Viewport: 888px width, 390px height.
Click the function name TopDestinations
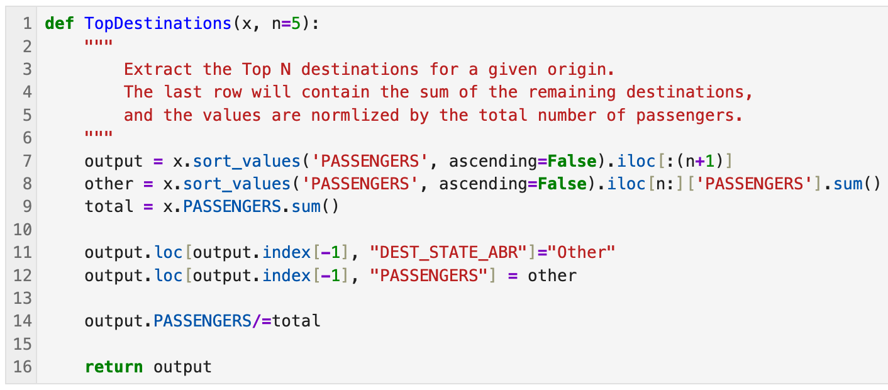(x=158, y=23)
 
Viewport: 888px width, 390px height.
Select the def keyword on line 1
(x=59, y=23)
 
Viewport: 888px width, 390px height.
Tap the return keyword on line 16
(x=114, y=367)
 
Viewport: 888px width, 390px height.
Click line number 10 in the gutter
(x=23, y=230)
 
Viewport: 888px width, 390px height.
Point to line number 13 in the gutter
(x=23, y=298)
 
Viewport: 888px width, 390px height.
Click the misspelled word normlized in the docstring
(x=355, y=115)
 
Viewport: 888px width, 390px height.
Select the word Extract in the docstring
(x=158, y=69)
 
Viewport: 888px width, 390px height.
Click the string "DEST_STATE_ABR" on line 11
(x=448, y=252)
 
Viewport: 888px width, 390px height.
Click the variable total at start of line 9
(x=109, y=206)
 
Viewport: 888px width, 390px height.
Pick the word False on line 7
(x=572, y=161)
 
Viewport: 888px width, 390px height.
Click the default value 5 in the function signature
(x=296, y=24)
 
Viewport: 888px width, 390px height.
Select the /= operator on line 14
(x=262, y=321)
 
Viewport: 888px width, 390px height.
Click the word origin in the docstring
(x=581, y=70)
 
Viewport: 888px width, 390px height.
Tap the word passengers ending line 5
(x=689, y=116)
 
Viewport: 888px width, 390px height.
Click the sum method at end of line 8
(x=848, y=184)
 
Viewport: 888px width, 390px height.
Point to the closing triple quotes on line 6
(x=99, y=135)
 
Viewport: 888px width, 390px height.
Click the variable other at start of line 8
(x=109, y=184)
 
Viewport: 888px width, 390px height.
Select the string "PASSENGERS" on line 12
(x=429, y=276)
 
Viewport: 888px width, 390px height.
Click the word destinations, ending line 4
(x=689, y=92)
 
